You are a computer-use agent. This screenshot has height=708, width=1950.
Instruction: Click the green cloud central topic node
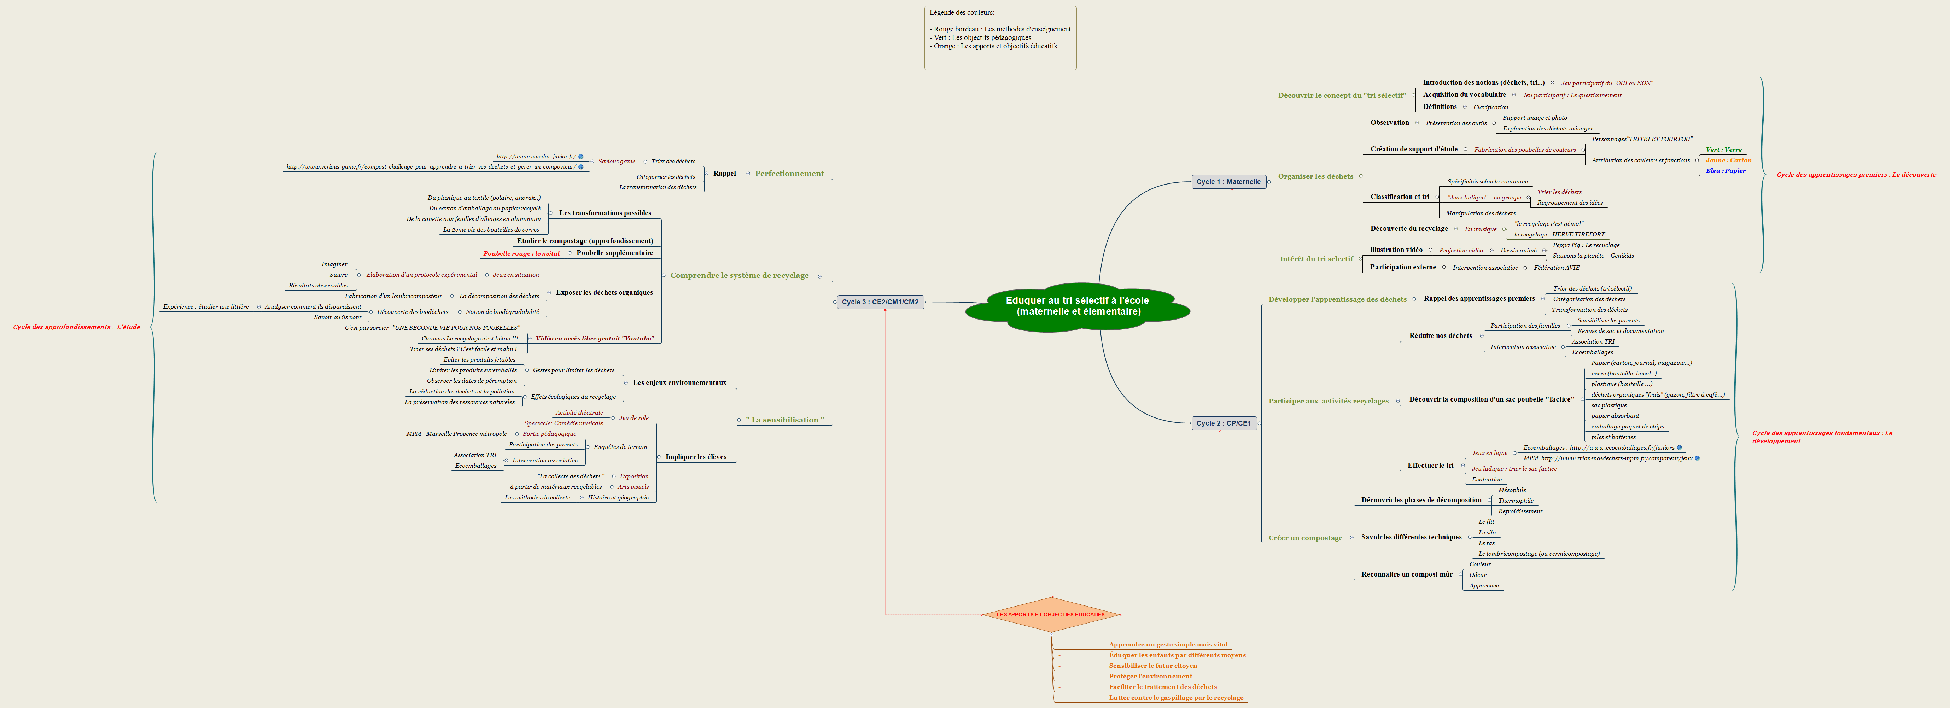pos(1077,306)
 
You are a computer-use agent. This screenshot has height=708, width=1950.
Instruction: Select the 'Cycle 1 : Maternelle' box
pos(1228,182)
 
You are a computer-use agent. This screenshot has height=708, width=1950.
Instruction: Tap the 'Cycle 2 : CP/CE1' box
pos(1223,423)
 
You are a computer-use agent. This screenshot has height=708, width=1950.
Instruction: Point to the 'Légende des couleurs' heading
pos(962,13)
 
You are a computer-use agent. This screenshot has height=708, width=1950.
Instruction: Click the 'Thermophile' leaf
pos(1516,501)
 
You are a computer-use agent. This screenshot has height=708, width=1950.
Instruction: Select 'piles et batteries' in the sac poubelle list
pos(1613,437)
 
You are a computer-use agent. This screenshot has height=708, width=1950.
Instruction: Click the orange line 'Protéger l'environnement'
pos(1150,676)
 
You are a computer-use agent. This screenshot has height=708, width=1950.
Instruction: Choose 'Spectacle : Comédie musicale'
pos(563,423)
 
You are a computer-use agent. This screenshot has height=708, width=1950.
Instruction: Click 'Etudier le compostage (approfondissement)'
pos(584,241)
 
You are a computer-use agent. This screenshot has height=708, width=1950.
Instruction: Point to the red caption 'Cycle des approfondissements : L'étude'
pos(76,327)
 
